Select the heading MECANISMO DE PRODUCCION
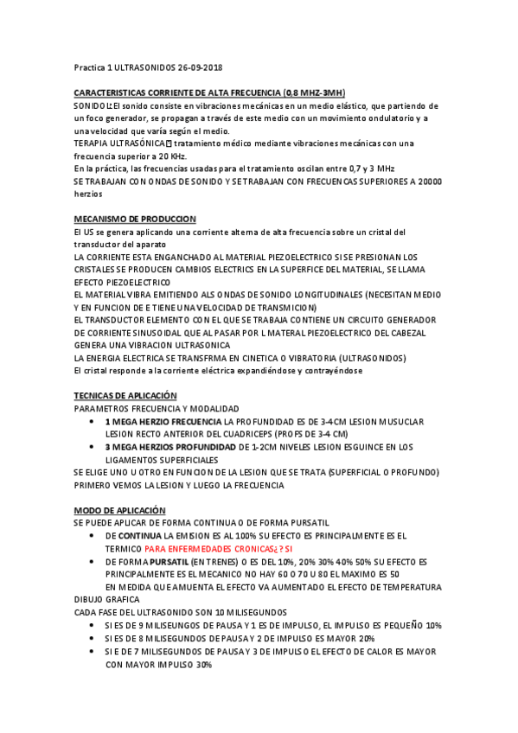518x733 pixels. tap(136, 220)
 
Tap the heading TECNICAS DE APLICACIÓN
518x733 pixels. tap(131, 395)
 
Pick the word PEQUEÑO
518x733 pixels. tap(403, 624)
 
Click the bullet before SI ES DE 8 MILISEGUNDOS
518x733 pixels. tap(93, 638)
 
